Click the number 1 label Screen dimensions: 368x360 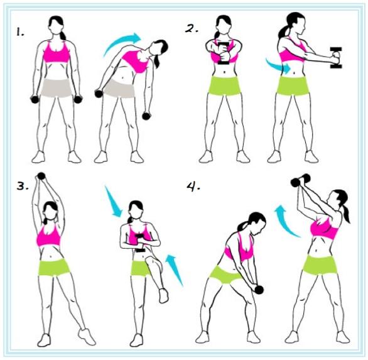pyautogui.click(x=20, y=31)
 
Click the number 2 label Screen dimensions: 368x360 pyautogui.click(x=192, y=29)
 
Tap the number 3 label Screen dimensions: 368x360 pyautogui.click(x=23, y=186)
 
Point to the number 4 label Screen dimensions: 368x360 pyautogui.click(x=193, y=187)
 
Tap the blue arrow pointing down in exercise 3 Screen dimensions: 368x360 pyautogui.click(x=113, y=202)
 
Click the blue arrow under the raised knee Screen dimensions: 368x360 pyautogui.click(x=174, y=270)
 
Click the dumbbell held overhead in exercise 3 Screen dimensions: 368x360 pyautogui.click(x=41, y=176)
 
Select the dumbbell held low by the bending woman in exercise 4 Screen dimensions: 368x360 pyautogui.click(x=259, y=290)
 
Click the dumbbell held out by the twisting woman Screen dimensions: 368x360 pyautogui.click(x=336, y=58)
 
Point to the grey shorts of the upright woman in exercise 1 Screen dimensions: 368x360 pyautogui.click(x=57, y=87)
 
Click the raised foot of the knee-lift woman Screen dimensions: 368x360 pyautogui.click(x=163, y=296)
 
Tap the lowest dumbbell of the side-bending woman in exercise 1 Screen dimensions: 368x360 pyautogui.click(x=147, y=116)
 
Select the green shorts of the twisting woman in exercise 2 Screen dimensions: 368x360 pyautogui.click(x=293, y=85)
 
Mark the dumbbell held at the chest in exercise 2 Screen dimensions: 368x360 pyautogui.click(x=224, y=53)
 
